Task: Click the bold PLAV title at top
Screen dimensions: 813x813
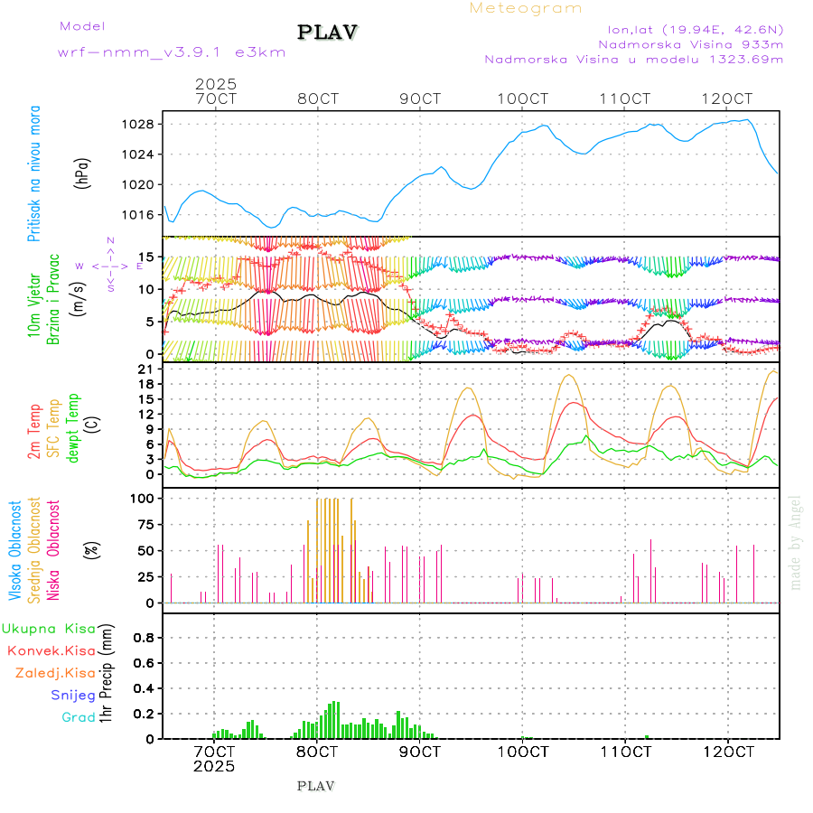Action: coord(329,33)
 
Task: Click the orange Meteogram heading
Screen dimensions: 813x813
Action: coord(526,8)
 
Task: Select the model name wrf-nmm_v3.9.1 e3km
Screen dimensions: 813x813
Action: coord(172,52)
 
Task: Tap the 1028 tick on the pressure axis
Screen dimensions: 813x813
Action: coord(145,124)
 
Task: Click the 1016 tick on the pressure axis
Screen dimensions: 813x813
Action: coord(145,215)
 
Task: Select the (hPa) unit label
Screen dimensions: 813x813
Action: coord(82,173)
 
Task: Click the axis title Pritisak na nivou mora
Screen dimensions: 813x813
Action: coord(34,173)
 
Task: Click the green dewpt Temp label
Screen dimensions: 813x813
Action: coord(73,426)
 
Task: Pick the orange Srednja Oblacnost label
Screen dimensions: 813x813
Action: coord(35,549)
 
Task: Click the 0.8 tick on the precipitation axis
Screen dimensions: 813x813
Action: coord(145,637)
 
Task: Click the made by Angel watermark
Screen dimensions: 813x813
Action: coord(796,542)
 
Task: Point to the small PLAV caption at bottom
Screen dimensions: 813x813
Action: coord(315,786)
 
